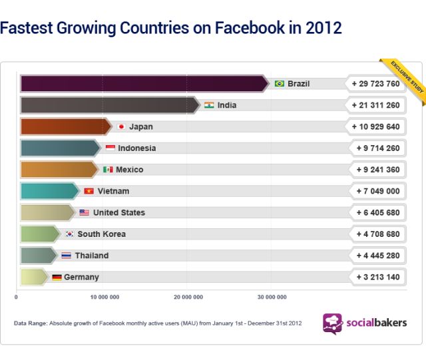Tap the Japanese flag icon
click(121, 126)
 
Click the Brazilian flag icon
click(280, 84)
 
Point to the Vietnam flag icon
click(89, 191)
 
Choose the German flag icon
click(57, 277)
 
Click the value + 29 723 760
click(375, 84)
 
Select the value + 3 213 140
click(375, 277)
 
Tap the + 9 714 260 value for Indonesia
click(375, 148)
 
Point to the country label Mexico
click(129, 170)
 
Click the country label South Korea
click(101, 234)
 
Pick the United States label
click(119, 213)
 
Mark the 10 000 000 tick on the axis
click(105, 297)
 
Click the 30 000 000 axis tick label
click(272, 297)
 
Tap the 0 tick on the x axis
click(16, 297)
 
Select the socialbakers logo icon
click(332, 323)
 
